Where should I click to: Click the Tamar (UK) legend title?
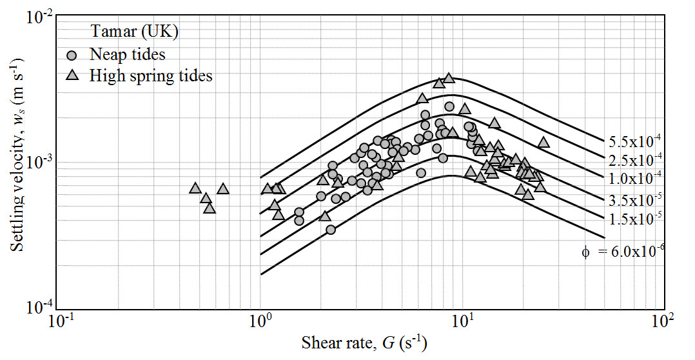(134, 31)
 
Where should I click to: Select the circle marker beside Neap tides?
(73, 55)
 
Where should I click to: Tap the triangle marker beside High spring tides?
(73, 76)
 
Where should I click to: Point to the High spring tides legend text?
(151, 75)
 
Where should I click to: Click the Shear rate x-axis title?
(364, 341)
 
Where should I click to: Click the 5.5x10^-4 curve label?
(634, 139)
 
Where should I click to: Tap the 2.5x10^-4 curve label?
(634, 159)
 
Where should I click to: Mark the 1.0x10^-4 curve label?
(634, 177)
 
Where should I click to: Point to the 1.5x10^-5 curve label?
(634, 217)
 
